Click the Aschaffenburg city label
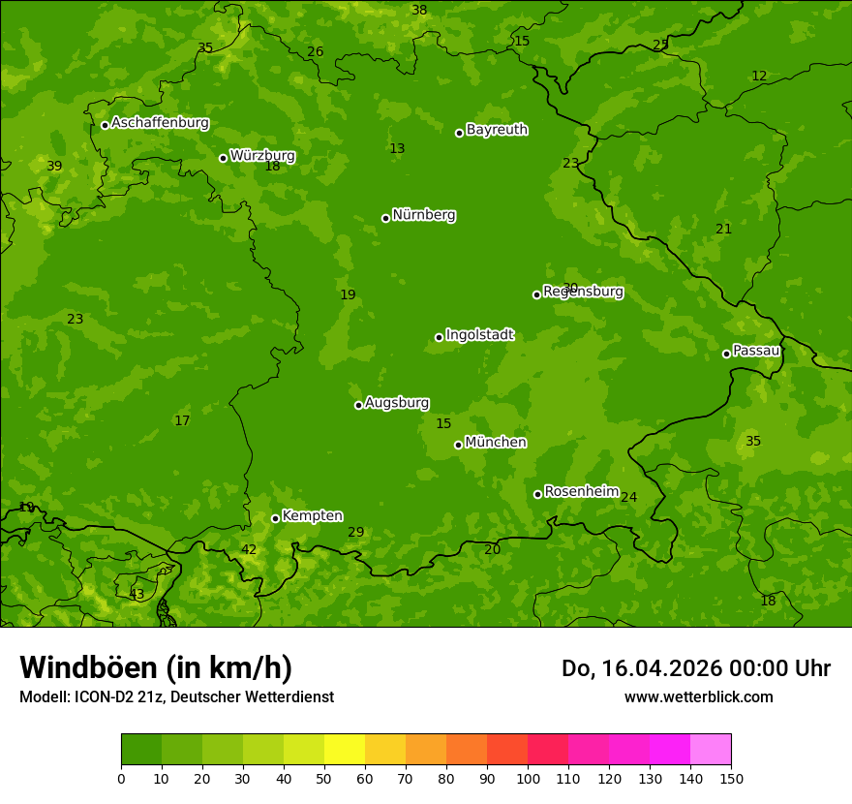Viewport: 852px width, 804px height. pos(160,123)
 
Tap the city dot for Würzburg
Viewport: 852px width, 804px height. pos(223,158)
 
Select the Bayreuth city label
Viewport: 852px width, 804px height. pos(497,129)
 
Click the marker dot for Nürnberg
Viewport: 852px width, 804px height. pos(385,218)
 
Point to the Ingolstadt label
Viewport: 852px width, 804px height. pos(479,334)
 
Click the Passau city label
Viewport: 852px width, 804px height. pos(756,350)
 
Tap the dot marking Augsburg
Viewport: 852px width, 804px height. pos(358,405)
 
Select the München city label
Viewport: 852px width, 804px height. pos(496,442)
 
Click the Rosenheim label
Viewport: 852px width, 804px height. pos(581,491)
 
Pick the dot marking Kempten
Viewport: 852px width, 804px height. pos(275,518)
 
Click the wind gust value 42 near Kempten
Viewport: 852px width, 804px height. pos(249,549)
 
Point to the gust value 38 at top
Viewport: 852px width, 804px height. pos(419,10)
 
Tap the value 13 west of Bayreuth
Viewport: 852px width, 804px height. pos(397,148)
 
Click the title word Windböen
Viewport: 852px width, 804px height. pos(87,667)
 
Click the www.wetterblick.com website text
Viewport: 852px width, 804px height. pos(698,696)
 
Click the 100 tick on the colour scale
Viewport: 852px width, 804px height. pos(528,778)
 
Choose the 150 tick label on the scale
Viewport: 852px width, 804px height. pos(731,778)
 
